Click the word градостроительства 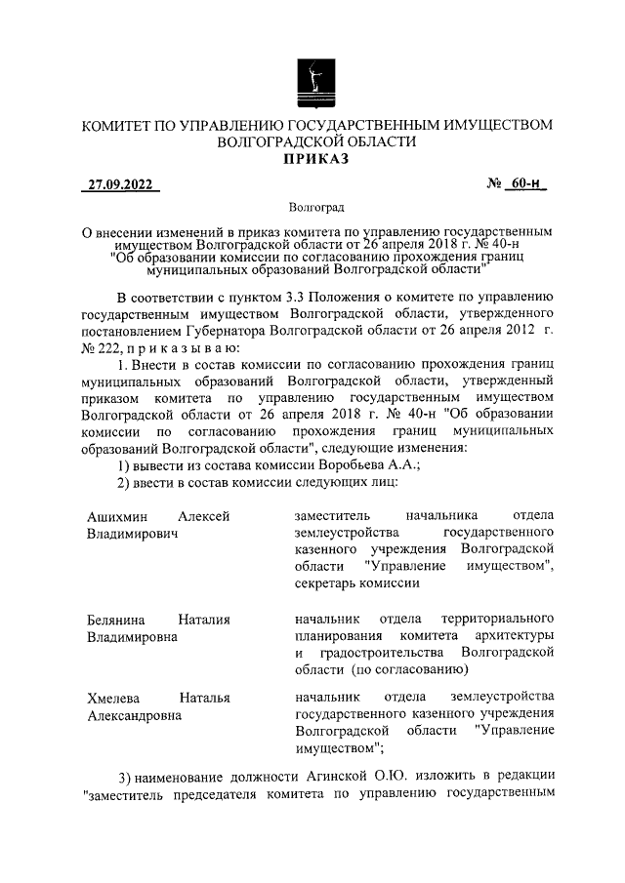(376, 652)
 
